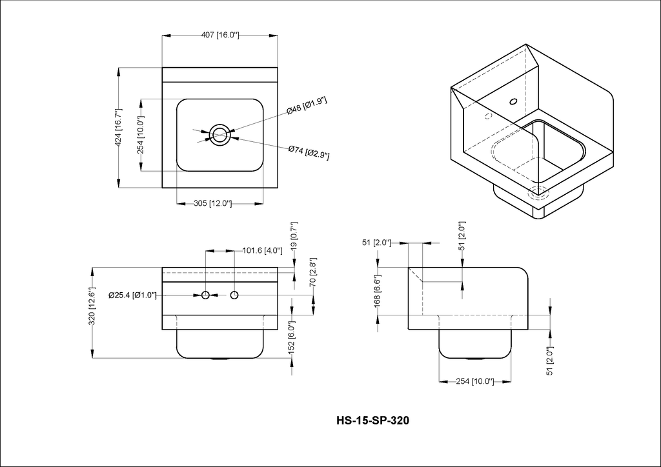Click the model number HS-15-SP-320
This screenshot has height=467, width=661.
pyautogui.click(x=372, y=421)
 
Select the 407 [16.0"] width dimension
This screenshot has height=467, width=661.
pyautogui.click(x=220, y=35)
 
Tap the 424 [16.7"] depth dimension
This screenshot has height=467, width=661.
pyautogui.click(x=119, y=128)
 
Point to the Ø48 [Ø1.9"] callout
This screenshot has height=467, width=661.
pyautogui.click(x=307, y=106)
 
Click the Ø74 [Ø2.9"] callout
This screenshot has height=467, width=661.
pyautogui.click(x=309, y=152)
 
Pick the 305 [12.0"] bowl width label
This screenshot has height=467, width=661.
pyautogui.click(x=212, y=204)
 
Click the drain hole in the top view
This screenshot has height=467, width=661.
pyautogui.click(x=219, y=135)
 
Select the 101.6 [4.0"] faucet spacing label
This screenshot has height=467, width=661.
pyautogui.click(x=263, y=250)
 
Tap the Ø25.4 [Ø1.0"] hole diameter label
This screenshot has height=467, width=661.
pyautogui.click(x=132, y=295)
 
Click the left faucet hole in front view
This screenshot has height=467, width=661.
pyautogui.click(x=205, y=295)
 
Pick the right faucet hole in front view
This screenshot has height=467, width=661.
pyautogui.click(x=234, y=295)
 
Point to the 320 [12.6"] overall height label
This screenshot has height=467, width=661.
pyautogui.click(x=92, y=306)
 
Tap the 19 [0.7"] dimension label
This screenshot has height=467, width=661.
pyautogui.click(x=294, y=235)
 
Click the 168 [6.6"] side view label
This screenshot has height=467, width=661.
pyautogui.click(x=377, y=290)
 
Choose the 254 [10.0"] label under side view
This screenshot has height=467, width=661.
pyautogui.click(x=475, y=381)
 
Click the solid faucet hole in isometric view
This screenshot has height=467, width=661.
pyautogui.click(x=513, y=101)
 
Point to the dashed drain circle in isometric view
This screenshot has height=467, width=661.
pyautogui.click(x=539, y=193)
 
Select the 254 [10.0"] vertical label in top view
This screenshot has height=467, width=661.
pyautogui.click(x=141, y=135)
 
